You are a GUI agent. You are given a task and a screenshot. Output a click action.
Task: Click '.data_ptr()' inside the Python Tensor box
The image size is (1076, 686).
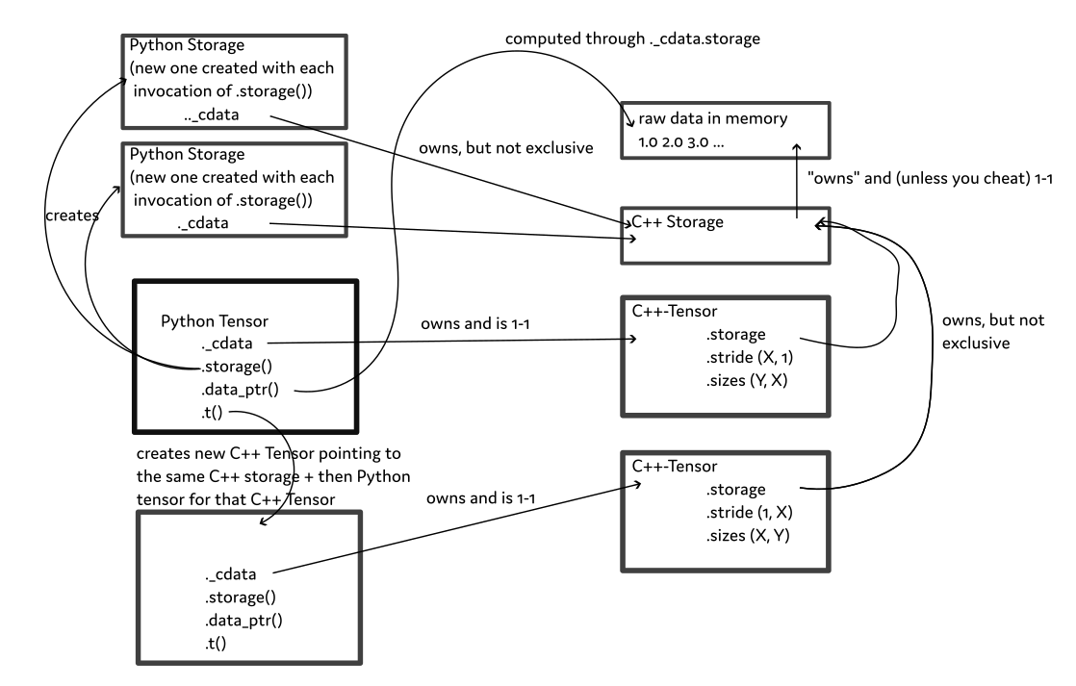(242, 392)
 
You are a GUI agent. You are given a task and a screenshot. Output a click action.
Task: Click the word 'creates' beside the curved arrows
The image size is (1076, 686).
(70, 216)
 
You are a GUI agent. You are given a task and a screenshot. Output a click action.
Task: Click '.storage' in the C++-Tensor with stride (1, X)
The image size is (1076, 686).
(734, 489)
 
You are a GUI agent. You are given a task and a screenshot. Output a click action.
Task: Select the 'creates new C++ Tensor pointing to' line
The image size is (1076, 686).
(262, 452)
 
